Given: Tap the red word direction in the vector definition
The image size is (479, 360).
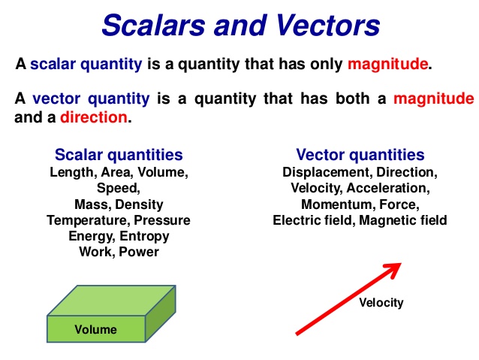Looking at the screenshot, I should tap(95, 117).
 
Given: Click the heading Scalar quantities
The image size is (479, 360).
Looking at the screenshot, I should tap(119, 156).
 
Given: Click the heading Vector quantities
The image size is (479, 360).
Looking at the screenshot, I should tap(360, 156).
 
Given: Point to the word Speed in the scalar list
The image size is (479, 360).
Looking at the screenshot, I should tap(119, 188).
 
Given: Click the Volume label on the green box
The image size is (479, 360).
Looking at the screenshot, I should tap(95, 329).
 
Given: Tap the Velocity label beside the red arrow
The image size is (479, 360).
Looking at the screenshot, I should tap(381, 303).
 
